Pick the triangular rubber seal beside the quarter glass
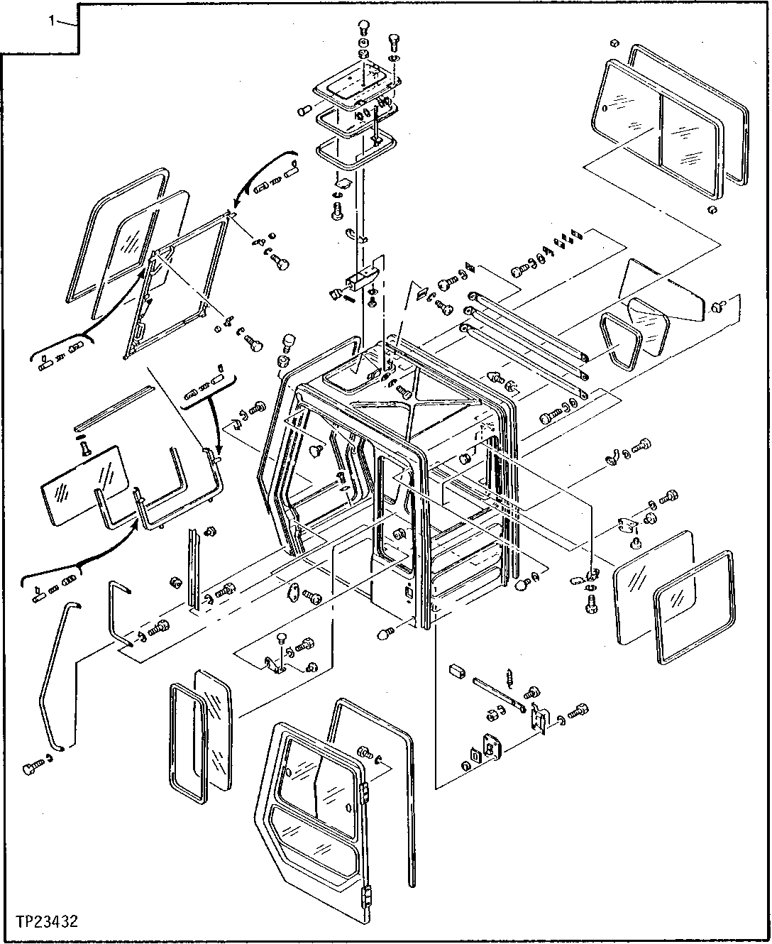pos(619,341)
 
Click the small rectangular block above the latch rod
pos(458,669)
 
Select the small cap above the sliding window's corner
pos(615,41)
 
